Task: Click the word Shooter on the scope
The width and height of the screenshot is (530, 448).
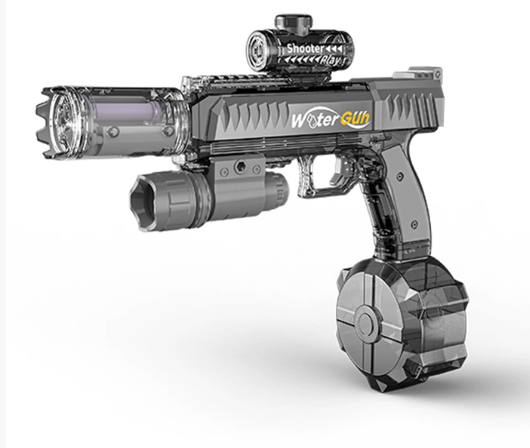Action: pos(305,48)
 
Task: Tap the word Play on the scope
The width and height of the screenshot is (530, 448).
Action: pos(330,60)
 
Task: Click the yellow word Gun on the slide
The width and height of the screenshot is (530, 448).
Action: pos(355,118)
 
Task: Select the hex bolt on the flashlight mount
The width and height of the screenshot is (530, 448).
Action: pos(241,165)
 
